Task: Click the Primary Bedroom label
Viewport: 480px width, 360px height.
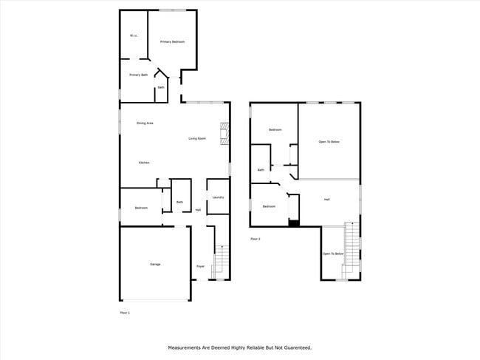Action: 172,42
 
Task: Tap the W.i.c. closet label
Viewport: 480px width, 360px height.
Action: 134,35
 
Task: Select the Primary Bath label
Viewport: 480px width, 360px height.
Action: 138,75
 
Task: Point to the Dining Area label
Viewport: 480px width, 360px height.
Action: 145,123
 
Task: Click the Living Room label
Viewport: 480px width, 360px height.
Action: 196,139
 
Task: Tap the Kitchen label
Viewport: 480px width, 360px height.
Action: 145,163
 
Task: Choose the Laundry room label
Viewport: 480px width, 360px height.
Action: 218,197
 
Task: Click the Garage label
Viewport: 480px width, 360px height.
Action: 155,264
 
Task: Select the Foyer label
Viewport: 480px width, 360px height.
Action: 200,266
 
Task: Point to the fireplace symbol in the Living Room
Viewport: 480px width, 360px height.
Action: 224,135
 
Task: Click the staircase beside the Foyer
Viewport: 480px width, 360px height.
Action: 220,259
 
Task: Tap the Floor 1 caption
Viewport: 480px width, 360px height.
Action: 125,313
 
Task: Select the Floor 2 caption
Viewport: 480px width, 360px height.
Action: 256,239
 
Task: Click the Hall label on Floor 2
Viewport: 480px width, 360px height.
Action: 326,200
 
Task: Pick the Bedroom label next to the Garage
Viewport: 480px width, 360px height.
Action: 141,208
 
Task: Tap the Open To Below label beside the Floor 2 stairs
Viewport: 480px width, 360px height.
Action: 332,254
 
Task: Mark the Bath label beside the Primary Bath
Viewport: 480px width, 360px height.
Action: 161,88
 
